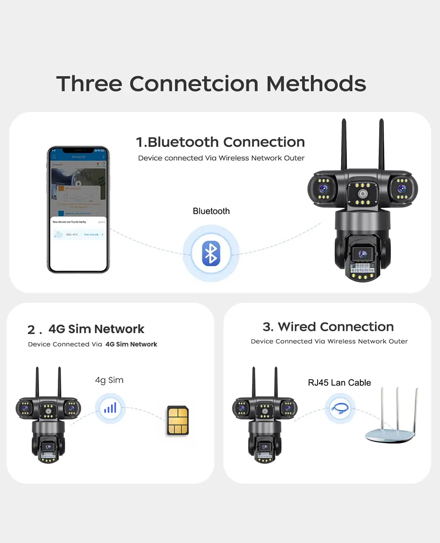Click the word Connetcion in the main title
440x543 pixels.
click(x=194, y=84)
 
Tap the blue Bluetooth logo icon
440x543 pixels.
click(x=211, y=253)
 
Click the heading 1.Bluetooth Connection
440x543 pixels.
click(x=220, y=142)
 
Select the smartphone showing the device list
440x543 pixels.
click(x=78, y=210)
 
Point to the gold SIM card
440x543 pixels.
click(x=178, y=421)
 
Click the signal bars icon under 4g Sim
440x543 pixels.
click(x=110, y=408)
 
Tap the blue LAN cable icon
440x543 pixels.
click(x=340, y=408)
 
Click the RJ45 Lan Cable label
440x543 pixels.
click(x=339, y=383)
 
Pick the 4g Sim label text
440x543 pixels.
click(x=109, y=380)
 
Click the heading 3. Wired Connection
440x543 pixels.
click(x=328, y=327)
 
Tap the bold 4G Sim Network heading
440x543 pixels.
click(x=96, y=329)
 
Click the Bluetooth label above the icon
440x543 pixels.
click(x=211, y=211)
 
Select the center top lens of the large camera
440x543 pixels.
click(x=363, y=194)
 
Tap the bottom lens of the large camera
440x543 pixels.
click(x=363, y=254)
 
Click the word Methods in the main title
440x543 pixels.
click(x=316, y=84)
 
